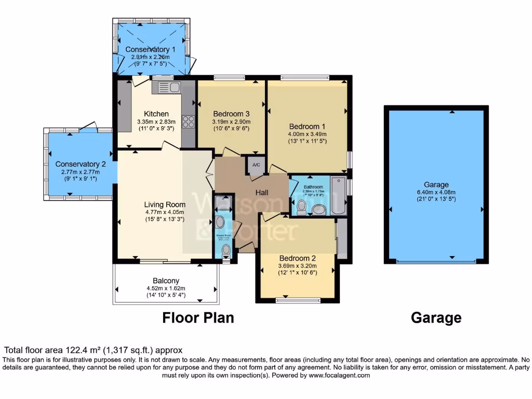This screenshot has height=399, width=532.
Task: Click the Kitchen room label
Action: (x=156, y=114)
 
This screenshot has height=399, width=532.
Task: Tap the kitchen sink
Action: (x=166, y=87)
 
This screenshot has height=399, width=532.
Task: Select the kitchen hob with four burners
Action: (x=189, y=122)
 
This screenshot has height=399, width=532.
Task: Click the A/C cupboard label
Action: (x=256, y=165)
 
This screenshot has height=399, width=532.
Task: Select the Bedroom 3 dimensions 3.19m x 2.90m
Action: (x=231, y=122)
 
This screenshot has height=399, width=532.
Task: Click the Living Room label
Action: (x=165, y=204)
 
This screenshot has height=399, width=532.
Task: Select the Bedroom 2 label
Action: (x=298, y=258)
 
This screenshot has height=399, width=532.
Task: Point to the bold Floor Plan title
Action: (x=198, y=317)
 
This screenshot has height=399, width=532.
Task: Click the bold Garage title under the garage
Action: (x=436, y=317)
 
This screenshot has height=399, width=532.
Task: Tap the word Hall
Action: (x=261, y=192)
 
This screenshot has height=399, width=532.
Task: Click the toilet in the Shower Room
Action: (x=225, y=250)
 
